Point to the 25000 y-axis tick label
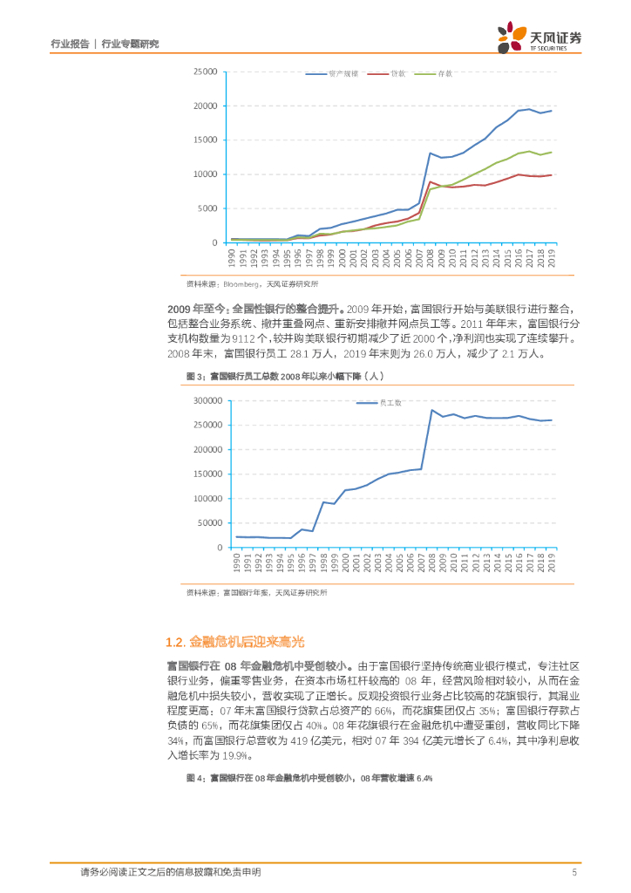205,72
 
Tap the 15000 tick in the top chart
205,140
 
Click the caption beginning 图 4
309,778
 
